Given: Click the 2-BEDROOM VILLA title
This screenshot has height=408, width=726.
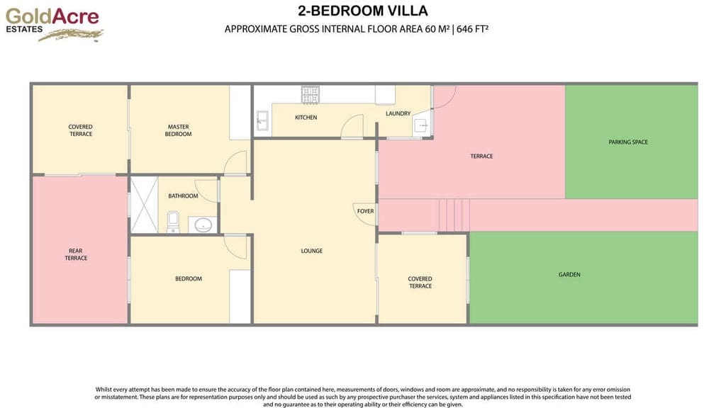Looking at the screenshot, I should (363, 11).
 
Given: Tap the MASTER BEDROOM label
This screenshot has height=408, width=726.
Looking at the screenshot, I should (178, 130).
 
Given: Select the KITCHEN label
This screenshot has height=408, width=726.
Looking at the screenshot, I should (306, 118).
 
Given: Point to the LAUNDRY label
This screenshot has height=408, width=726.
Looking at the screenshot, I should (398, 113).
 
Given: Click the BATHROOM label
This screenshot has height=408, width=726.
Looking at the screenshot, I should (183, 196).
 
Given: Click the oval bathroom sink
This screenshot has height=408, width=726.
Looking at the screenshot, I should (203, 225).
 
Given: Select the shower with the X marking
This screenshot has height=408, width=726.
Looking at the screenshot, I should (144, 204).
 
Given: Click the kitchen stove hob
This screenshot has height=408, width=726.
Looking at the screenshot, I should (311, 93).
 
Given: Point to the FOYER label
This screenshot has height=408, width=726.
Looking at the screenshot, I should (365, 211).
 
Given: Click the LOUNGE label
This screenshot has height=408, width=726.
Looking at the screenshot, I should (312, 251).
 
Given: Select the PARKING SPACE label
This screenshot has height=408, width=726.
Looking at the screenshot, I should (628, 142).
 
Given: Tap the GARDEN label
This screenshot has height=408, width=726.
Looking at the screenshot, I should (569, 274).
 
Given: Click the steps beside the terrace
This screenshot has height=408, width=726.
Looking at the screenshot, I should (454, 215).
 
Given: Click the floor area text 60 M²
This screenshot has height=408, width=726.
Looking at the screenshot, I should (437, 29).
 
